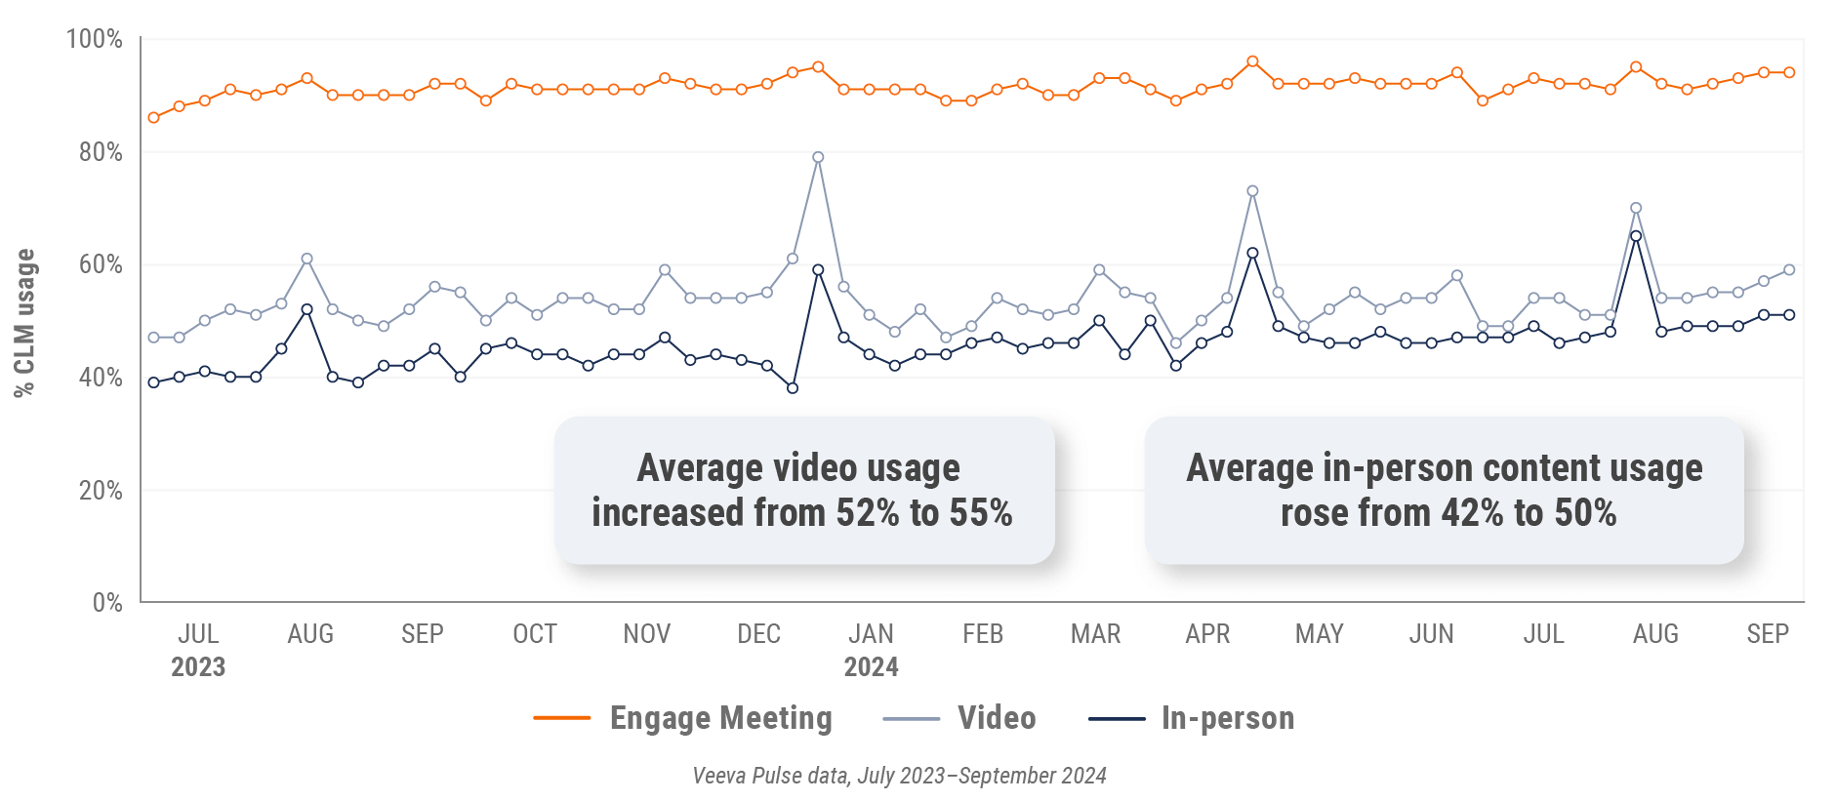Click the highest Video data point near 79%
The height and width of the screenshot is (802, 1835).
tap(818, 157)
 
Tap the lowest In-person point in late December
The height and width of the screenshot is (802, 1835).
tap(793, 388)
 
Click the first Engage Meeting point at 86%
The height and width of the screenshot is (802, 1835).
tap(153, 118)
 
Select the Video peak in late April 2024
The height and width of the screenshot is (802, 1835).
tap(1252, 191)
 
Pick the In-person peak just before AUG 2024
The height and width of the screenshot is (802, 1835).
tap(1636, 236)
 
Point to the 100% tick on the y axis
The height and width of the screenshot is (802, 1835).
tap(94, 39)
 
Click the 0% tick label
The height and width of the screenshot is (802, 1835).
tap(107, 603)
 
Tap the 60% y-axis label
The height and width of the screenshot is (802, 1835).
tap(101, 264)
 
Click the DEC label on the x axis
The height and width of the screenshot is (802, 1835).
tap(758, 634)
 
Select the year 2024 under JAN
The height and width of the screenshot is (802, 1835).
tap(871, 667)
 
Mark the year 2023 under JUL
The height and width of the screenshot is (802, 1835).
tap(198, 667)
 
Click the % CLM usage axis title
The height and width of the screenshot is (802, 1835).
tap(24, 322)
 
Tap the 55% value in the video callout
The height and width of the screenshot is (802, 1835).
tap(980, 513)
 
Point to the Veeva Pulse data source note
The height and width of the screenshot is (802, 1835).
tap(899, 776)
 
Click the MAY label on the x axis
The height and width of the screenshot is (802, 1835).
tap(1319, 634)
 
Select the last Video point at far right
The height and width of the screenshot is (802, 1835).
tap(1789, 270)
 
